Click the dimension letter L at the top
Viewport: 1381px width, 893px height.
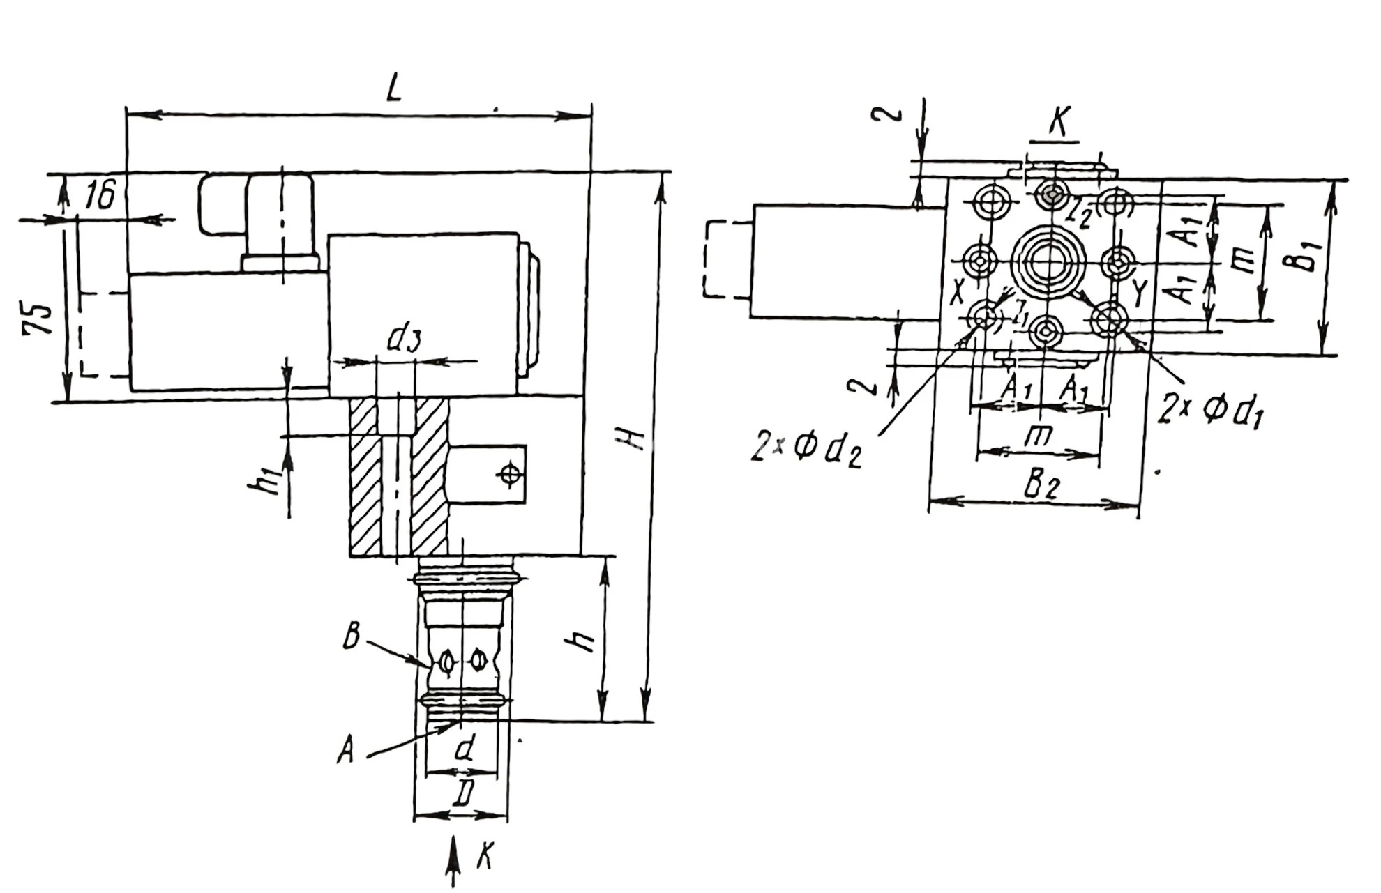[x=394, y=89]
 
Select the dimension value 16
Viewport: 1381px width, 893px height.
[x=100, y=196]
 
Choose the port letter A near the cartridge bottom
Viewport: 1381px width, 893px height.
[x=345, y=751]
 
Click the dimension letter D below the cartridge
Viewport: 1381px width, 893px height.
[x=463, y=793]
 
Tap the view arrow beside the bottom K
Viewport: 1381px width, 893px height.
[x=453, y=861]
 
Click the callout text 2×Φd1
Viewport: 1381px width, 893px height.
[x=1210, y=411]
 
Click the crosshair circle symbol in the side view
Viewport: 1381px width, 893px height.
[x=511, y=475]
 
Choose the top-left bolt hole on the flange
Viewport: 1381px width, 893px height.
[x=990, y=204]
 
